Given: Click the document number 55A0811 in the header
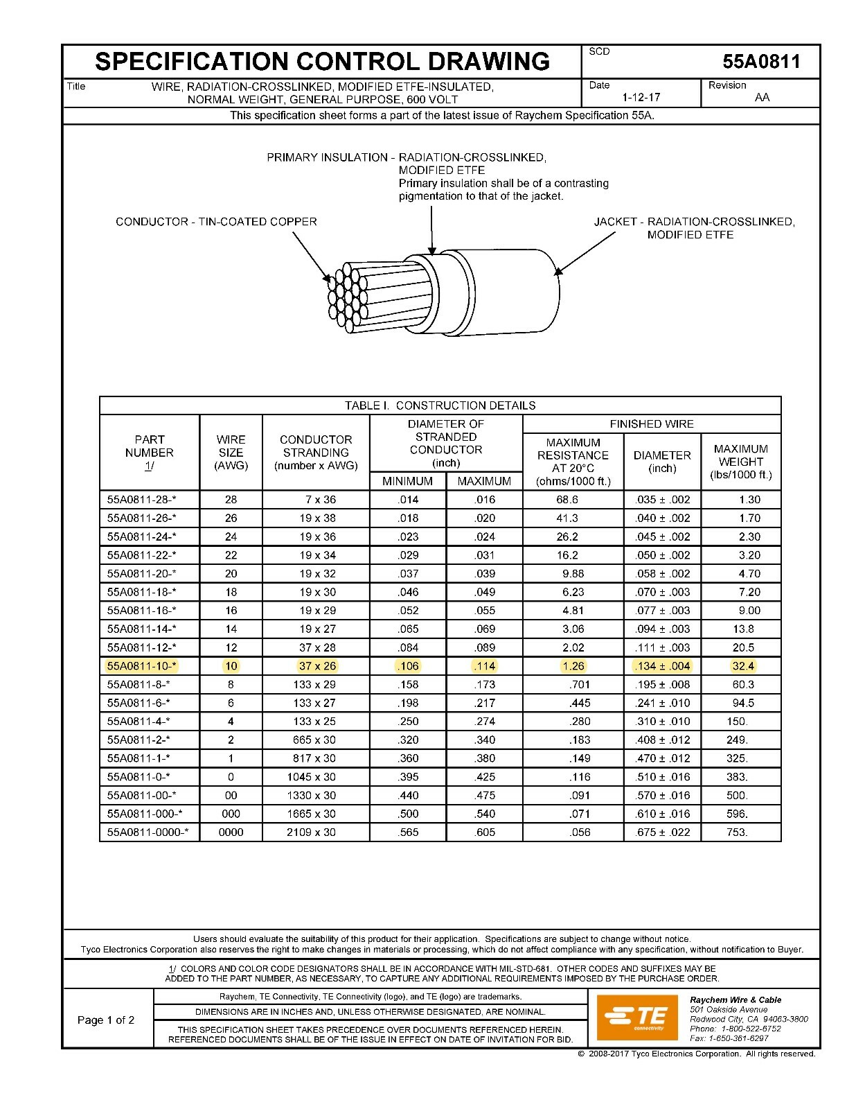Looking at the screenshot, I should pos(761,62).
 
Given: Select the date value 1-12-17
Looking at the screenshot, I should pos(641,97).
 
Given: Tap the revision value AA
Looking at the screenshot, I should pos(762,97).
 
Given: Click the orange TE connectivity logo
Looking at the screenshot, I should pos(635,1017).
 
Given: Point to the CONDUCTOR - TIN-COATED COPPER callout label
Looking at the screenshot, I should pos(216,222).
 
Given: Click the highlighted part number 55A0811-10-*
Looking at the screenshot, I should pos(142,666).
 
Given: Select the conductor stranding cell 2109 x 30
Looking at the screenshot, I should pos(311,832).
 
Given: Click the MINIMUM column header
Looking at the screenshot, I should pos(407,481).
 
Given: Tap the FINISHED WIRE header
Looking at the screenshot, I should pos(651,423).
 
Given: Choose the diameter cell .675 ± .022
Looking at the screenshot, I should pos(662,832).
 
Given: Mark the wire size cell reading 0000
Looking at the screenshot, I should pos(231,832).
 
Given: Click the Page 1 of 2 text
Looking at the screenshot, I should pos(106,1020).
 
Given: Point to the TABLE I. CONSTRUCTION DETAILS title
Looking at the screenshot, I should pos(440,405).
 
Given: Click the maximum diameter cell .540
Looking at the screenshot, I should pos(485,814).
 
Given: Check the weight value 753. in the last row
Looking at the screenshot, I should pos(737,832).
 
